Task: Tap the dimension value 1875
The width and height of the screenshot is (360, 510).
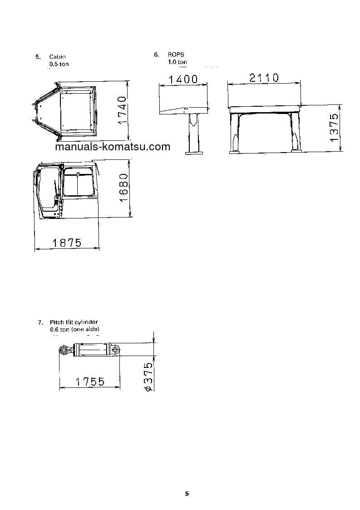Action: (67, 243)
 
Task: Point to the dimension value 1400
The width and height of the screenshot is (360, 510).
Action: (183, 79)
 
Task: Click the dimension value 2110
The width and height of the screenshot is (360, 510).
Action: (264, 78)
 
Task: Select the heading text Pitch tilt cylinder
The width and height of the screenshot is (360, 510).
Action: (74, 322)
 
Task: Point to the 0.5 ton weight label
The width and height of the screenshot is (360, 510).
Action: (59, 64)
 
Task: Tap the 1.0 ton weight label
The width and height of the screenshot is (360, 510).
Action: (177, 61)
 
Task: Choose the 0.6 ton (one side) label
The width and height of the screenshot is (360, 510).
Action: (74, 329)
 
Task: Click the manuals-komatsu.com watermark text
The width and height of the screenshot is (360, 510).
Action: (112, 147)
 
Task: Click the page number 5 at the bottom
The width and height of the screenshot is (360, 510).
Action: (187, 494)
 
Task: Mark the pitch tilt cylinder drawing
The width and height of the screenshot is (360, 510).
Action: (89, 350)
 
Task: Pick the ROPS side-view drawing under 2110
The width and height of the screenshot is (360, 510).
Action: (264, 127)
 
